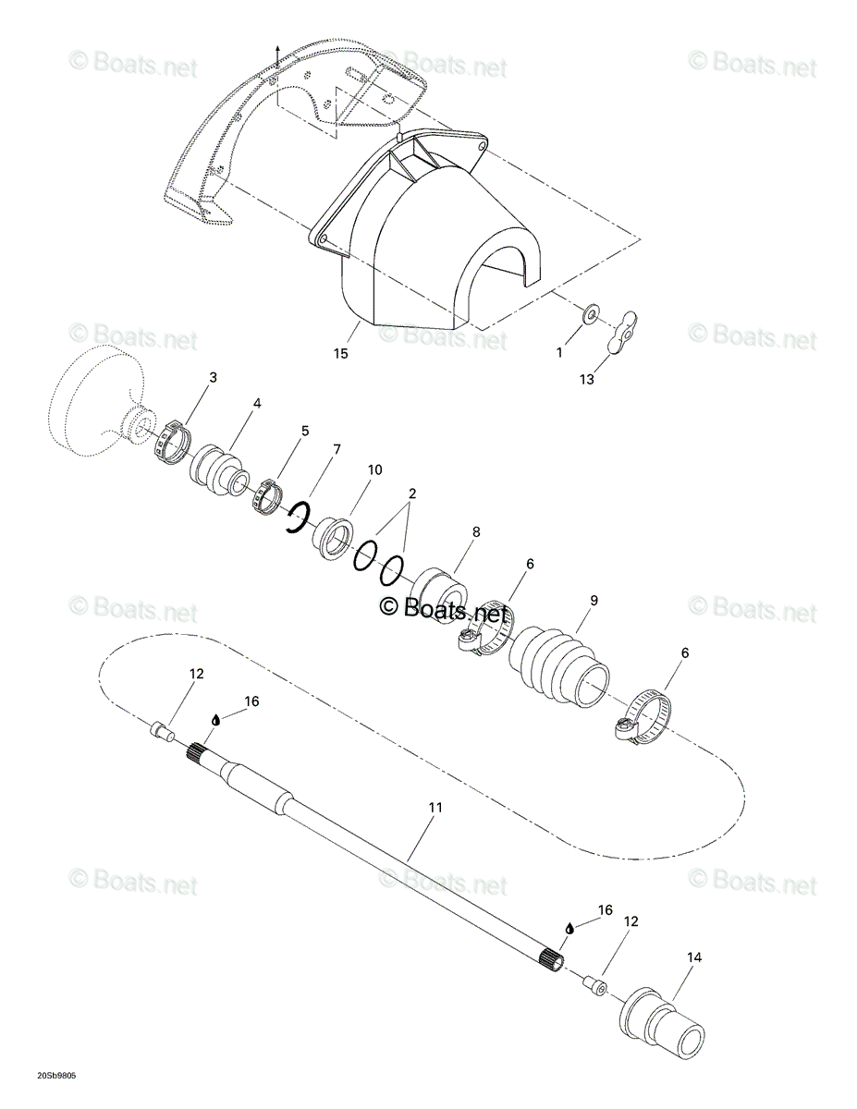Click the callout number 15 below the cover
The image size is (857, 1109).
tap(340, 353)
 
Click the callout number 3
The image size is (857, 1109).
tap(213, 377)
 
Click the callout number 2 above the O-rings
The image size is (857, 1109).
tap(412, 494)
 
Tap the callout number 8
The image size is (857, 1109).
tap(476, 531)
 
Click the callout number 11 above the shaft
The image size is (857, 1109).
tap(435, 808)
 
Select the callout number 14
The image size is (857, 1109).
tap(694, 957)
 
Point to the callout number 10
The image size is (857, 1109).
tap(374, 469)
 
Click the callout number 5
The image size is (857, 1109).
tap(305, 431)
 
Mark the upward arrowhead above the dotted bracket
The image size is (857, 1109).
tap(277, 47)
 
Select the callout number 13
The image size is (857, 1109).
tap(587, 380)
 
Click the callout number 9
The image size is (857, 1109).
tap(594, 600)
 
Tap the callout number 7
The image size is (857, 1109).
tap(337, 449)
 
